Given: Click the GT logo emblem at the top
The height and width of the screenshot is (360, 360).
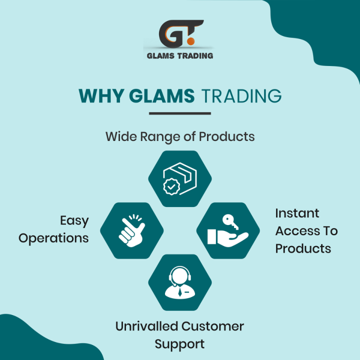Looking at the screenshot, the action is pyautogui.click(x=181, y=34).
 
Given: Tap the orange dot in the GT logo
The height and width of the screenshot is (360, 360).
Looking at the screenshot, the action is pyautogui.click(x=191, y=41).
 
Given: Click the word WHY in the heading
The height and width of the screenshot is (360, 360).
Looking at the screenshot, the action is pyautogui.click(x=101, y=96).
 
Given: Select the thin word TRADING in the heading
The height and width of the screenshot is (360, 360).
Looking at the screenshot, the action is pyautogui.click(x=242, y=96).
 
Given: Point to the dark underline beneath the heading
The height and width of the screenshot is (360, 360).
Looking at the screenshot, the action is pyautogui.click(x=180, y=113).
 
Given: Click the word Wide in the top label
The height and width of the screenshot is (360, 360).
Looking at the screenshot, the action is pyautogui.click(x=121, y=137).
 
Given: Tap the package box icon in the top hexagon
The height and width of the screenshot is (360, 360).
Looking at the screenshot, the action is pyautogui.click(x=180, y=179).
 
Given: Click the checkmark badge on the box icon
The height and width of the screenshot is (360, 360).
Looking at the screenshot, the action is pyautogui.click(x=171, y=187).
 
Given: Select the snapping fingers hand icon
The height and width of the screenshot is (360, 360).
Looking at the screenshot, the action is pyautogui.click(x=132, y=230).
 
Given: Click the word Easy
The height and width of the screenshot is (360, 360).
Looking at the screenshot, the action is pyautogui.click(x=74, y=221).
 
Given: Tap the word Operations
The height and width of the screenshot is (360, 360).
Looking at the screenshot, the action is pyautogui.click(x=53, y=239).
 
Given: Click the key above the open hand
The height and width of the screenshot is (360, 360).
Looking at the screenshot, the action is pyautogui.click(x=230, y=221).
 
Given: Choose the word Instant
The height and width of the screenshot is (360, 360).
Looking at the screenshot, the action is pyautogui.click(x=297, y=213).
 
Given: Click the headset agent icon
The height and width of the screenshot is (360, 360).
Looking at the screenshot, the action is pyautogui.click(x=180, y=283).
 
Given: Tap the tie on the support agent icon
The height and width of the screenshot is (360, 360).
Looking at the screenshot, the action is pyautogui.click(x=180, y=292).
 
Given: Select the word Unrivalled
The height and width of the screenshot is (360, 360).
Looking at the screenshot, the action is pyautogui.click(x=147, y=326).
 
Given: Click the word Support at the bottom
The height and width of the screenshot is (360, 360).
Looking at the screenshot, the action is pyautogui.click(x=179, y=344).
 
